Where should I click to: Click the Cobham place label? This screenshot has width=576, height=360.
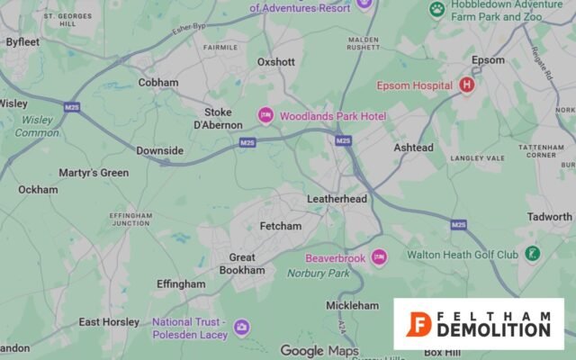click(x=158, y=83)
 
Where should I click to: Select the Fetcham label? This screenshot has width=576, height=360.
click(x=281, y=226)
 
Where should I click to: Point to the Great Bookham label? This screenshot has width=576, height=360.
click(x=242, y=264)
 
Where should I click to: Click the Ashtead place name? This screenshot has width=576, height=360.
click(x=413, y=148)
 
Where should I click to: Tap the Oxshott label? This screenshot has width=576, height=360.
click(x=276, y=62)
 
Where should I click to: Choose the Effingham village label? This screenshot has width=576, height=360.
click(x=181, y=283)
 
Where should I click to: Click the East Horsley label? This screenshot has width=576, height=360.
click(x=109, y=322)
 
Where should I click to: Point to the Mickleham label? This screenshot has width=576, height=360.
click(x=352, y=306)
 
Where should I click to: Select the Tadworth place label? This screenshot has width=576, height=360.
click(x=549, y=217)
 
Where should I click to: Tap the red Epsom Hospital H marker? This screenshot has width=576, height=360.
click(x=466, y=85)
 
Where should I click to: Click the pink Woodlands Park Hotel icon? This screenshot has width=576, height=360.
click(x=265, y=115)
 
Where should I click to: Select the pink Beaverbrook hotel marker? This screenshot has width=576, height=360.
click(x=379, y=257)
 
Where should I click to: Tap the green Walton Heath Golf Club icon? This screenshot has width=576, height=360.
click(x=533, y=254)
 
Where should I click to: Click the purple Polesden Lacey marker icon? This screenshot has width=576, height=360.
click(x=241, y=327)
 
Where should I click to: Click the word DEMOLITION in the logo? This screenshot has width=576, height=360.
click(x=493, y=330)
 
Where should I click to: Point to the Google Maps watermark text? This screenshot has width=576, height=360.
click(x=319, y=350)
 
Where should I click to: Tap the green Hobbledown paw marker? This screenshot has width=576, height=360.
click(x=437, y=10)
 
